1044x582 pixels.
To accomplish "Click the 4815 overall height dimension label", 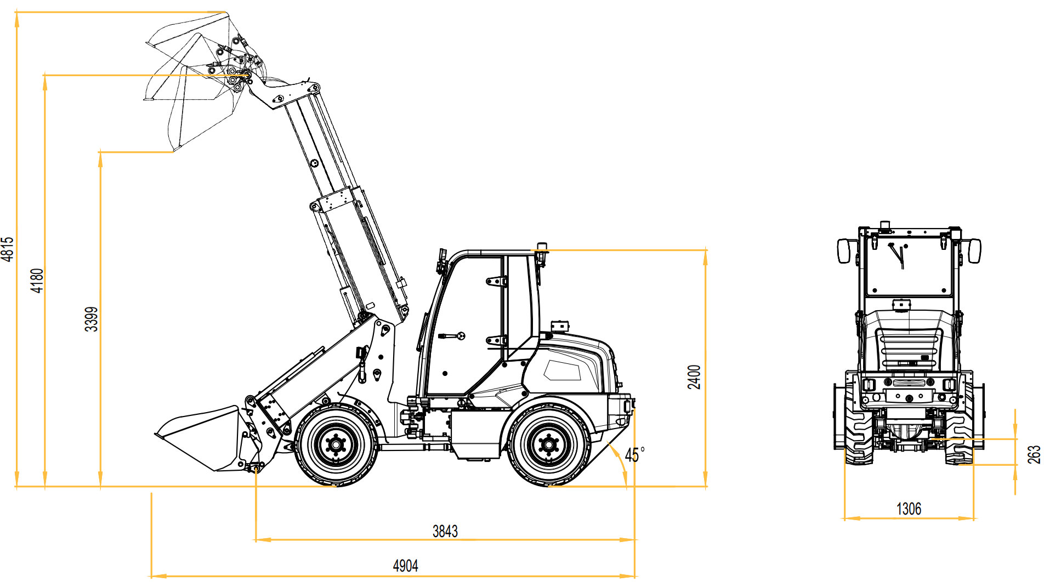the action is pos(8,249).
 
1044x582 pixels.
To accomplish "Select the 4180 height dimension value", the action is pos(37,281).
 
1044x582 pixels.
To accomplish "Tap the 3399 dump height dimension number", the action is pos(92,319).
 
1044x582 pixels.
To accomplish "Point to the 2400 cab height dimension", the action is pos(694,377).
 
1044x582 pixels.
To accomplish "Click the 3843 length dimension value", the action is pos(445,531).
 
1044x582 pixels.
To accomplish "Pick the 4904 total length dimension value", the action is pos(406,566).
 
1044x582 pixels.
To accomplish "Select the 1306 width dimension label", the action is pos(909,509).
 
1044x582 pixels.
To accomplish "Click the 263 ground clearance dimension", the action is pos(1034,454).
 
